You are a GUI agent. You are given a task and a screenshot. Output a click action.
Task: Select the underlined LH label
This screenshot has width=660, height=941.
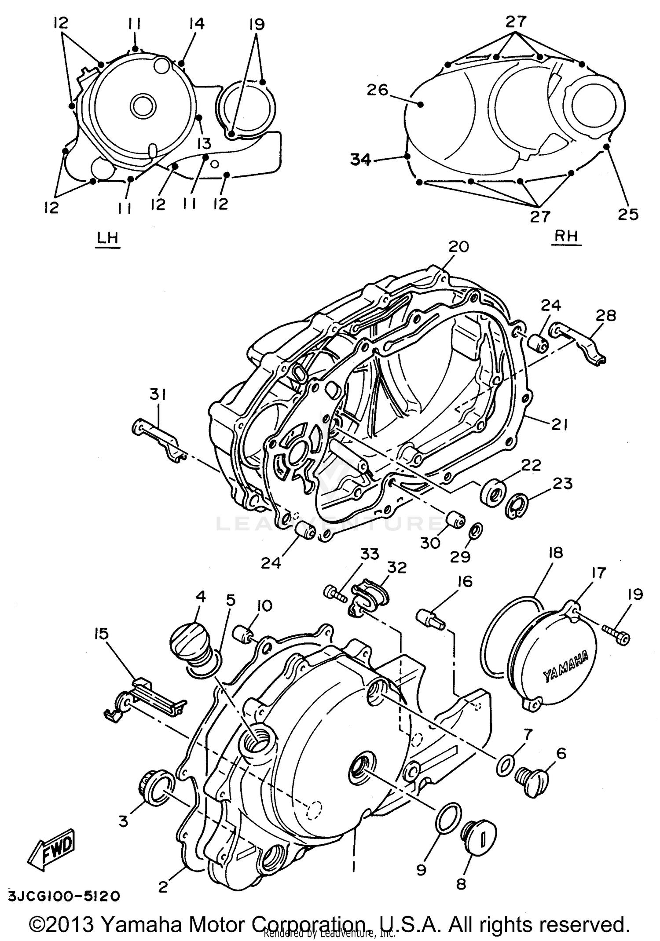[x=107, y=238]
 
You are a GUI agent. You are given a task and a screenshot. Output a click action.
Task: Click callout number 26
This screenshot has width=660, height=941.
[x=378, y=90]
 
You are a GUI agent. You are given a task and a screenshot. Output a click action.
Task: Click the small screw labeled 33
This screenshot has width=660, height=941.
[x=336, y=593]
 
